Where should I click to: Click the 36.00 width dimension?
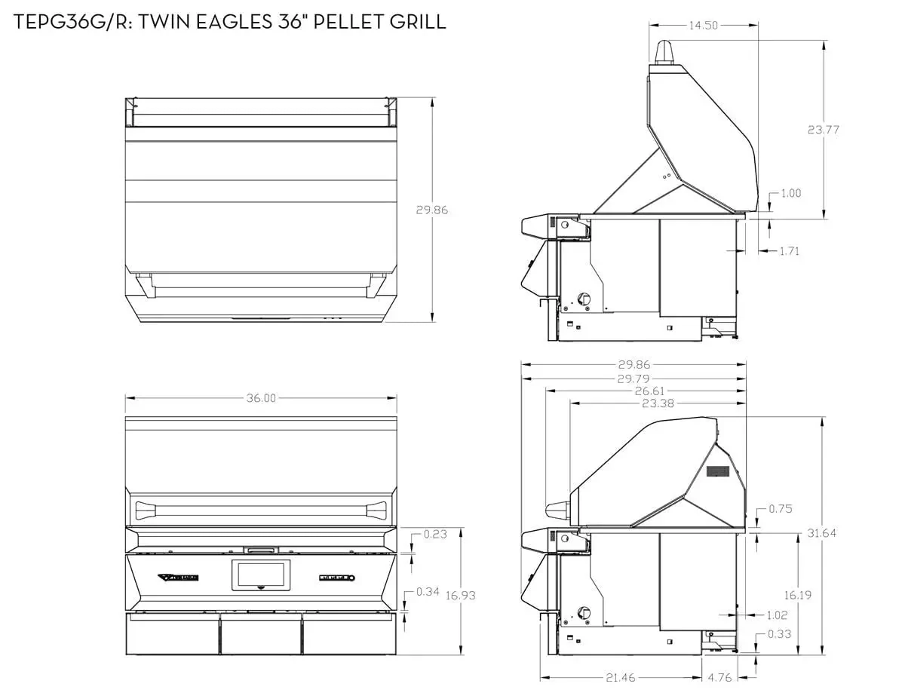(261, 398)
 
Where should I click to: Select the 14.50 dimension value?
(704, 26)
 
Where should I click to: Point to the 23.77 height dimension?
(824, 130)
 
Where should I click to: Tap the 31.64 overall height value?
(821, 533)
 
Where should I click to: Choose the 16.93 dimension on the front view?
(461, 595)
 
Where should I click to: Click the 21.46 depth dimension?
(620, 677)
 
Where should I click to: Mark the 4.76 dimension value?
(720, 677)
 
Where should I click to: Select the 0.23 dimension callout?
(435, 535)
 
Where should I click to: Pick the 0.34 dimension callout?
(428, 591)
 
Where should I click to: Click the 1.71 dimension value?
(789, 251)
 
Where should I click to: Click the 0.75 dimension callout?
(781, 509)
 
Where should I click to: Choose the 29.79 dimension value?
(633, 379)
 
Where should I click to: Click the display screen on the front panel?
(261, 575)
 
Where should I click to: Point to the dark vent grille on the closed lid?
(718, 471)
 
